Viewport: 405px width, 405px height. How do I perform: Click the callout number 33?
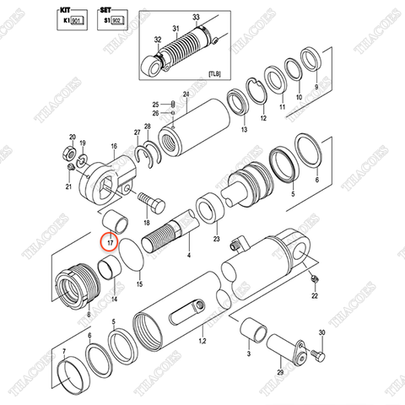(x=197, y=18)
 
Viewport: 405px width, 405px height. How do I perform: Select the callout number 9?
(x=316, y=87)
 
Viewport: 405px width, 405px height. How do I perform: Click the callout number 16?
(x=112, y=146)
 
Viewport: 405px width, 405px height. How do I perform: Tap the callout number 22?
(x=314, y=296)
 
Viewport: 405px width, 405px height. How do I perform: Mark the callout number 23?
(x=216, y=239)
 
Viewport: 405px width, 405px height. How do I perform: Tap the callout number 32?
(x=157, y=40)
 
